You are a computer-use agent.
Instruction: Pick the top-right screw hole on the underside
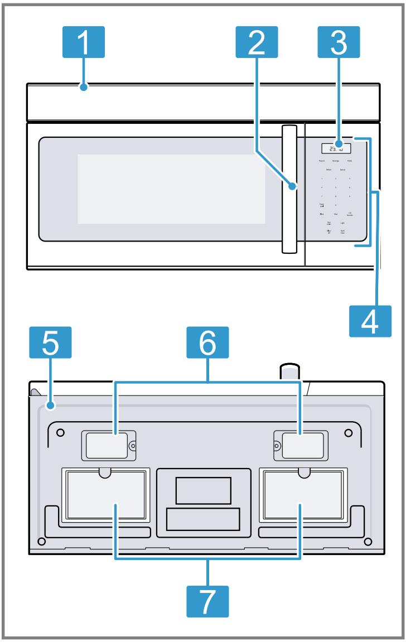click(348, 432)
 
